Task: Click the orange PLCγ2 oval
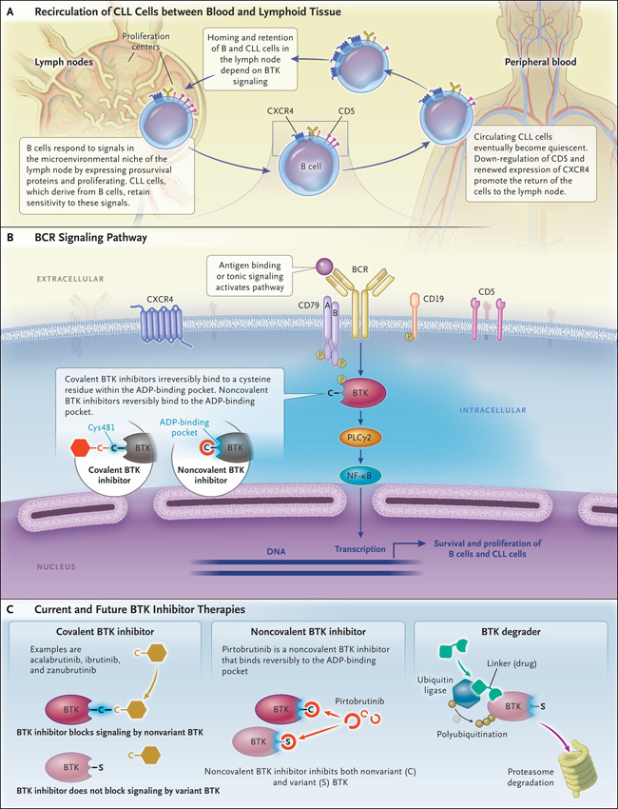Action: click(360, 438)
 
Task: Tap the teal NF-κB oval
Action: click(360, 475)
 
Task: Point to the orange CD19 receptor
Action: click(414, 316)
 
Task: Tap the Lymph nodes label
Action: click(64, 63)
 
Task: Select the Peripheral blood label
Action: click(540, 62)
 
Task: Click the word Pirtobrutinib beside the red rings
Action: click(359, 701)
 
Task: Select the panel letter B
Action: click(10, 238)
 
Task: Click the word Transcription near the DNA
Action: click(359, 549)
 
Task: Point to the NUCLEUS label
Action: click(56, 566)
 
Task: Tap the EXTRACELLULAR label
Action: click(70, 279)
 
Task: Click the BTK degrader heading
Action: click(504, 631)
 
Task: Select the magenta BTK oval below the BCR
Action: click(360, 393)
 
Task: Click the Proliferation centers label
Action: click(145, 41)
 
